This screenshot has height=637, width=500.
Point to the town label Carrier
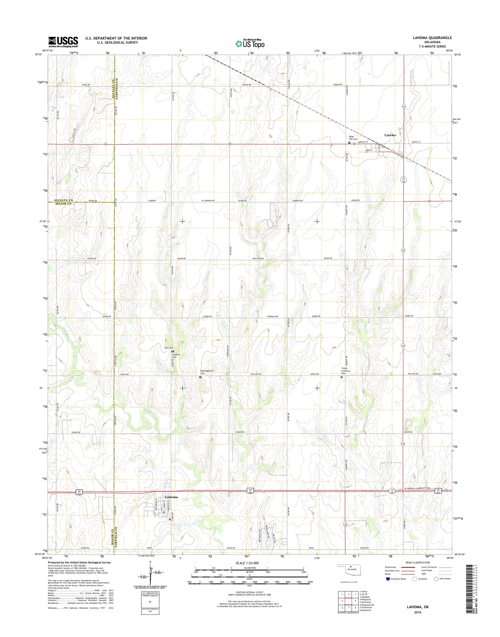click(390, 135)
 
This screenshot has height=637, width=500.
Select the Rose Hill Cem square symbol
click(349, 143)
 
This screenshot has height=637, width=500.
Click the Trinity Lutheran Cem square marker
click(341, 377)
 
